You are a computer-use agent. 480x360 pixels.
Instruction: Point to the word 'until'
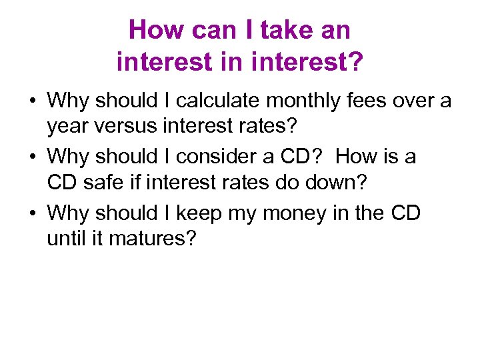(65, 237)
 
